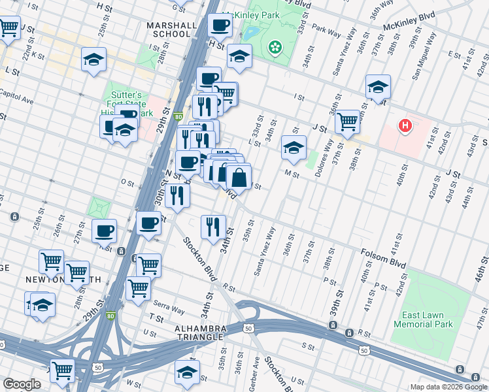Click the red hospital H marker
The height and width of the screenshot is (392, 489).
pyautogui.click(x=405, y=125)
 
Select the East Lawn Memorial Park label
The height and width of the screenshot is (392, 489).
pyautogui.click(x=423, y=319)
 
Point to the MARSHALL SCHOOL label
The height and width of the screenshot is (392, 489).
pyautogui.click(x=172, y=30)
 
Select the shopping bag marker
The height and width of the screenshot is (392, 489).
pyautogui.click(x=240, y=176)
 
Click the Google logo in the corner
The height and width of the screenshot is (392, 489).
pyautogui.click(x=22, y=384)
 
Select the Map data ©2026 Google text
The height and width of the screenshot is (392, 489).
pyautogui.click(x=448, y=387)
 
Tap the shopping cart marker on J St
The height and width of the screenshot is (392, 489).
pyautogui.click(x=348, y=121)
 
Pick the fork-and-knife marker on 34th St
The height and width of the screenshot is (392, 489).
pyautogui.click(x=213, y=227)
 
